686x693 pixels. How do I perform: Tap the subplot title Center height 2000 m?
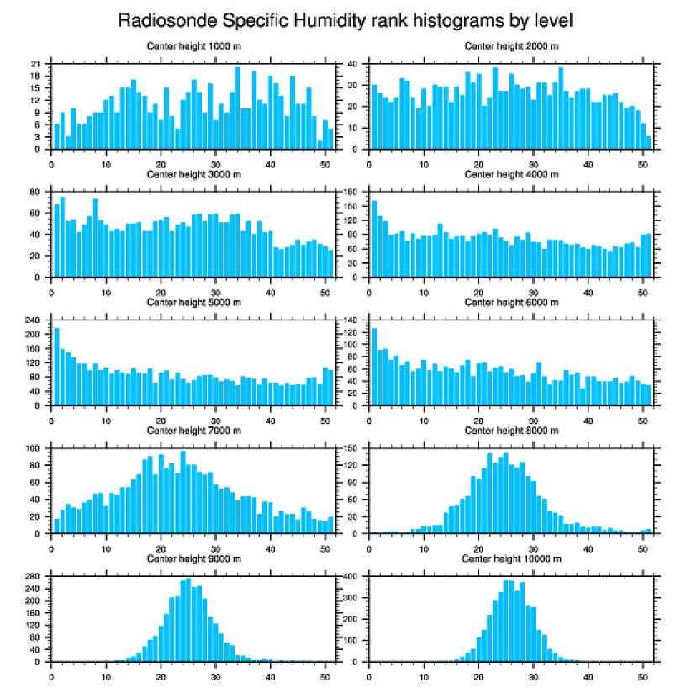pyautogui.click(x=511, y=46)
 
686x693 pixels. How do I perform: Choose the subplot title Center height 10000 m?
pyautogui.click(x=511, y=558)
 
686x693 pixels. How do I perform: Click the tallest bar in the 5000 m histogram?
pyautogui.click(x=57, y=367)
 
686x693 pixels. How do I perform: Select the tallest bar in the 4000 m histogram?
pyautogui.click(x=374, y=239)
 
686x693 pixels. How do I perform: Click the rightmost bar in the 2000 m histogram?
pyautogui.click(x=647, y=143)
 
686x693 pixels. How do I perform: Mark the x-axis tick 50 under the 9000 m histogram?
pyautogui.click(x=325, y=674)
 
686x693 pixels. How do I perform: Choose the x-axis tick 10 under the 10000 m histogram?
pyautogui.click(x=424, y=674)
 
